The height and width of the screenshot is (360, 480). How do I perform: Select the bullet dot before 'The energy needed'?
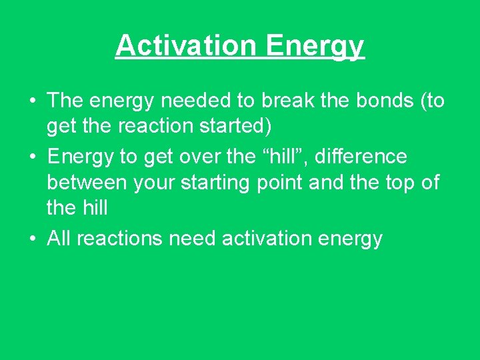32,101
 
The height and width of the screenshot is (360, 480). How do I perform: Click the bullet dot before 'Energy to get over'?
32,157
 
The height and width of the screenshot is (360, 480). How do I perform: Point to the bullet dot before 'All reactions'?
32,239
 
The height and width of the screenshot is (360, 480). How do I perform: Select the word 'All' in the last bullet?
59,238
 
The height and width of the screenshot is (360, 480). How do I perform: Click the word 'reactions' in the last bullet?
120,238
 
